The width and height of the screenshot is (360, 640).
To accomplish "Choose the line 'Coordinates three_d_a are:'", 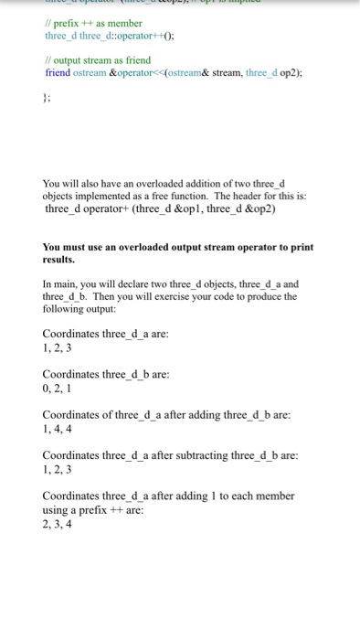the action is point(105,334).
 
